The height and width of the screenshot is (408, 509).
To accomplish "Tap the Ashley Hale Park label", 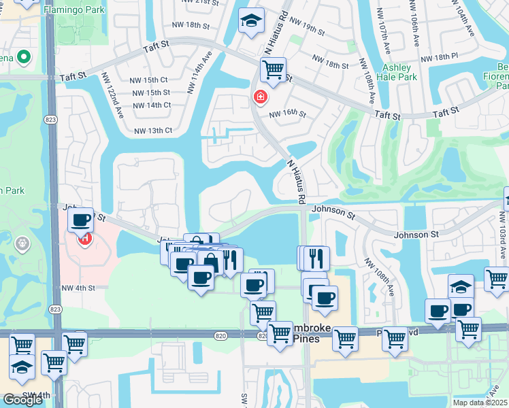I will [397, 73].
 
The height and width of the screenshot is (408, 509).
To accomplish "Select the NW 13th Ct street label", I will [153, 131].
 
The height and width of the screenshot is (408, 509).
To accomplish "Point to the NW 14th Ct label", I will [152, 105].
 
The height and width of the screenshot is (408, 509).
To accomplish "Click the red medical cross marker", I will [259, 98].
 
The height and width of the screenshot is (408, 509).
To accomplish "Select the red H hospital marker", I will [85, 239].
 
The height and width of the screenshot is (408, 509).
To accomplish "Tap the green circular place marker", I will [23, 57].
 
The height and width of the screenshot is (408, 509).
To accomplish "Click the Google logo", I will [22, 399].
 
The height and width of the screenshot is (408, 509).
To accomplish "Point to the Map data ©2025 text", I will [480, 403].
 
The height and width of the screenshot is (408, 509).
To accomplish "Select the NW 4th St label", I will [76, 288].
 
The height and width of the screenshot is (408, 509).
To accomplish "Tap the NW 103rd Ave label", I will [502, 234].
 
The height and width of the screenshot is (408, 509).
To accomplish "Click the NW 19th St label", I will [308, 27].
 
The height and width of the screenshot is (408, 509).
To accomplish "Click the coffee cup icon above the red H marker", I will [81, 220].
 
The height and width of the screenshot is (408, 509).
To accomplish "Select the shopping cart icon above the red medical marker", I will [273, 69].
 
